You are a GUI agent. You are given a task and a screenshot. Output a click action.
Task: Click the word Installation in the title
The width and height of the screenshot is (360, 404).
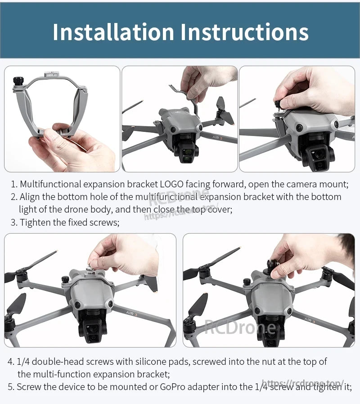(x=112, y=32)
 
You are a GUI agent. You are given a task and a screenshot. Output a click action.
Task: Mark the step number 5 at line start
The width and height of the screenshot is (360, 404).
(x=10, y=387)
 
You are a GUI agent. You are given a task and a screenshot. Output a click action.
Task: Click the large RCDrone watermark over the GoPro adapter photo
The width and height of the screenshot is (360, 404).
(x=240, y=326)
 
